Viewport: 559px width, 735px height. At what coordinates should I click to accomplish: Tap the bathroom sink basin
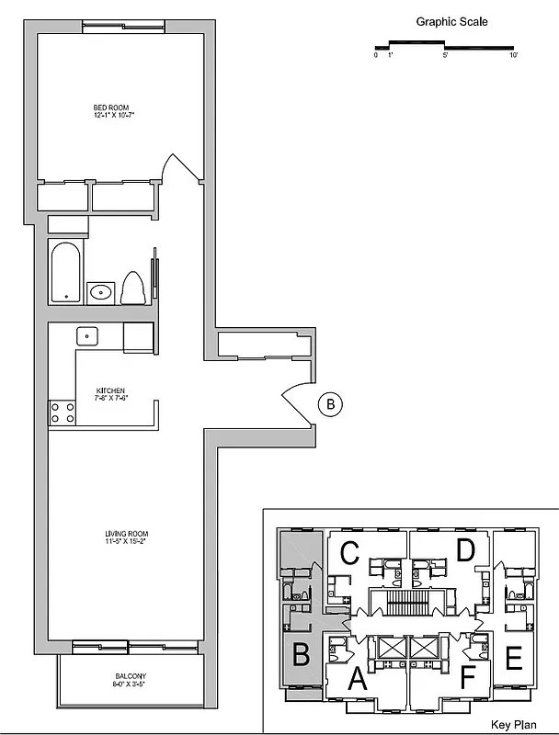[x=100, y=293]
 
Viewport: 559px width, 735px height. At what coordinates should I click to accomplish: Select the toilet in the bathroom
[x=132, y=288]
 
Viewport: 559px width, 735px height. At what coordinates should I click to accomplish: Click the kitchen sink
[x=88, y=335]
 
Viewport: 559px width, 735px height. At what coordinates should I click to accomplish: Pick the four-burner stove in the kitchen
[x=63, y=413]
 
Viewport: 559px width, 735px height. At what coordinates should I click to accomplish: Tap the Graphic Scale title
[x=451, y=22]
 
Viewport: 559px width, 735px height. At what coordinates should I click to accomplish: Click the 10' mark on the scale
[x=514, y=55]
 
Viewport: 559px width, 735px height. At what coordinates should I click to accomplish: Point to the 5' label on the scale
[x=445, y=55]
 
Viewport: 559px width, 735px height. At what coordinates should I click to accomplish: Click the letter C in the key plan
[x=349, y=553]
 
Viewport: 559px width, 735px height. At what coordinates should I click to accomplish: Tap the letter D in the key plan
[x=465, y=551]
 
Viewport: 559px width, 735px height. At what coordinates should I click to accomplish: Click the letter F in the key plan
[x=469, y=681]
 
